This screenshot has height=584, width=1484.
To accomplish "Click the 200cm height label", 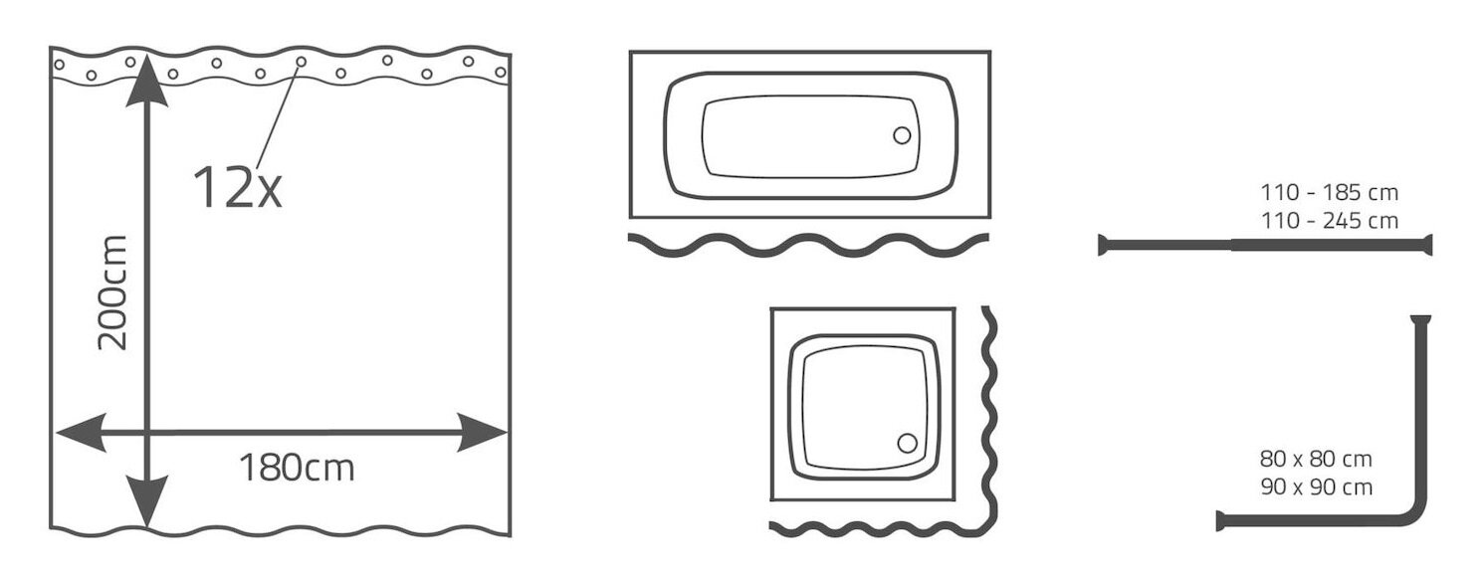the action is pyautogui.click(x=111, y=292).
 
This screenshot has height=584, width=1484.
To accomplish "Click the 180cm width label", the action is pyautogui.click(x=297, y=468).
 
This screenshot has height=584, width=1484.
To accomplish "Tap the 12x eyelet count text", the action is pyautogui.click(x=237, y=187).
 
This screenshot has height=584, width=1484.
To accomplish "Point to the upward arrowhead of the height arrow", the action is pyautogui.click(x=146, y=81).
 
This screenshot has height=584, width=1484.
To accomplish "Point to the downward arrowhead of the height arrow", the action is pyautogui.click(x=146, y=501).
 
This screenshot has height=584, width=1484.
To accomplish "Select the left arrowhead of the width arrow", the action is pyautogui.click(x=82, y=433).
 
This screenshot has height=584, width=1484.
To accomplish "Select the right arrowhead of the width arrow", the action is pyautogui.click(x=483, y=433).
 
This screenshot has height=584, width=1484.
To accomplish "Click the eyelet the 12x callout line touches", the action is pyautogui.click(x=301, y=62).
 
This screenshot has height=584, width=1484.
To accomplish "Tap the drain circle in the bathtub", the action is pyautogui.click(x=902, y=135).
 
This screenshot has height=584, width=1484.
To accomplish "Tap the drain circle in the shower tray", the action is pyautogui.click(x=907, y=443).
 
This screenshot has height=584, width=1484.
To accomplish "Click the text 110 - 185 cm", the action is pyautogui.click(x=1329, y=193).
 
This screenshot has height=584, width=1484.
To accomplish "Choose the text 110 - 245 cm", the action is pyautogui.click(x=1329, y=221).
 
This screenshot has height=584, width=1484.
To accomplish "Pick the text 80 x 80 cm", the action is pyautogui.click(x=1316, y=459).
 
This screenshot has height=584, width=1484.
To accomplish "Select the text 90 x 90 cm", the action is pyautogui.click(x=1316, y=487).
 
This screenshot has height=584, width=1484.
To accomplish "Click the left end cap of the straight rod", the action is pyautogui.click(x=1102, y=245).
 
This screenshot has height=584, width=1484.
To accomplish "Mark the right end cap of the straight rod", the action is pyautogui.click(x=1427, y=245).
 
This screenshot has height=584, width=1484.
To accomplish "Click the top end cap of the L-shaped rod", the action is pyautogui.click(x=1420, y=319).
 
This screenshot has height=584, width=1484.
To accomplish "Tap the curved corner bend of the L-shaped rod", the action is pyautogui.click(x=1416, y=515).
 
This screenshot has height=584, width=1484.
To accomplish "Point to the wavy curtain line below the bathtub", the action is pyautogui.click(x=808, y=245).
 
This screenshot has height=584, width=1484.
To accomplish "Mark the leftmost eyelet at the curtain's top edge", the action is pyautogui.click(x=59, y=65).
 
